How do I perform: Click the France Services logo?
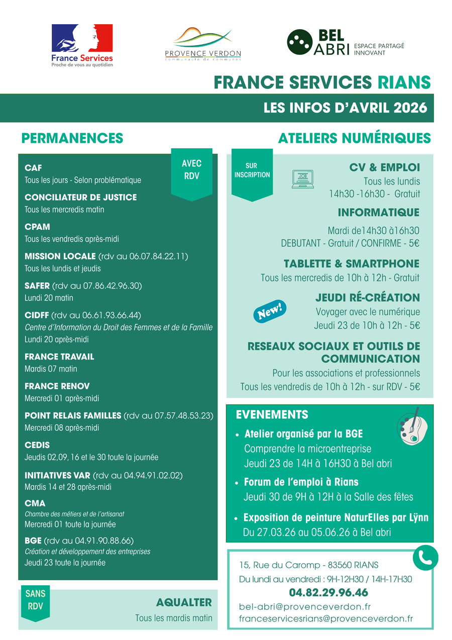point(82,45)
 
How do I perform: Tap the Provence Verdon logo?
point(203,44)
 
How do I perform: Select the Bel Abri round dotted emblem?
point(299,42)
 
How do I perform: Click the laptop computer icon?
point(302,179)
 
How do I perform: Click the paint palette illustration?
point(410,428)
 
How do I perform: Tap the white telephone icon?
point(425,557)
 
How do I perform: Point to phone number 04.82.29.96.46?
point(328,592)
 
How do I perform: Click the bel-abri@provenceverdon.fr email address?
point(305,606)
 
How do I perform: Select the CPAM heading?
point(37,227)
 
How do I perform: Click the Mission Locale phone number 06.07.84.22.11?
point(151,256)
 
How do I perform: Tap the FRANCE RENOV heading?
point(57,386)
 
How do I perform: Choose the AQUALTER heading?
point(184,602)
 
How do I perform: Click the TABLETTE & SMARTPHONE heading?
point(351,264)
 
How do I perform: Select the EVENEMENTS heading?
point(272,415)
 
